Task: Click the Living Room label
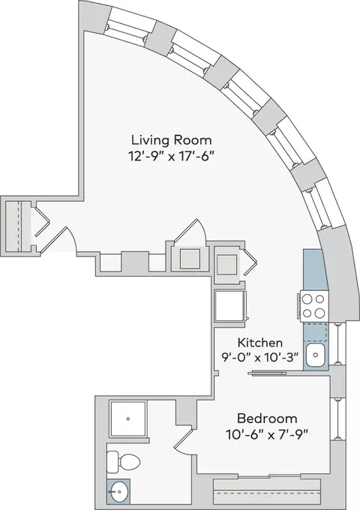pyautogui.click(x=172, y=140)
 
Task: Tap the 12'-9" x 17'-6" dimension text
pyautogui.click(x=172, y=157)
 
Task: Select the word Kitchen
pyautogui.click(x=259, y=343)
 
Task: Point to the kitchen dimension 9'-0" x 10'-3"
pyautogui.click(x=259, y=358)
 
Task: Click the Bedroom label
pyautogui.click(x=267, y=418)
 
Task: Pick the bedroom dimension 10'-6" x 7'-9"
pyautogui.click(x=267, y=434)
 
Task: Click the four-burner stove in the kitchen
pyautogui.click(x=313, y=306)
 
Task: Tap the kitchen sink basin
pyautogui.click(x=316, y=355)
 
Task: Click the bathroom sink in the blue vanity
pyautogui.click(x=119, y=491)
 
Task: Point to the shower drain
pyautogui.click(x=128, y=419)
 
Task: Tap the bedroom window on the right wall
pyautogui.click(x=338, y=419)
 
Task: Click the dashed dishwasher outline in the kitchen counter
pyautogui.click(x=315, y=331)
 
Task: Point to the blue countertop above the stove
pyautogui.click(x=313, y=270)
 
